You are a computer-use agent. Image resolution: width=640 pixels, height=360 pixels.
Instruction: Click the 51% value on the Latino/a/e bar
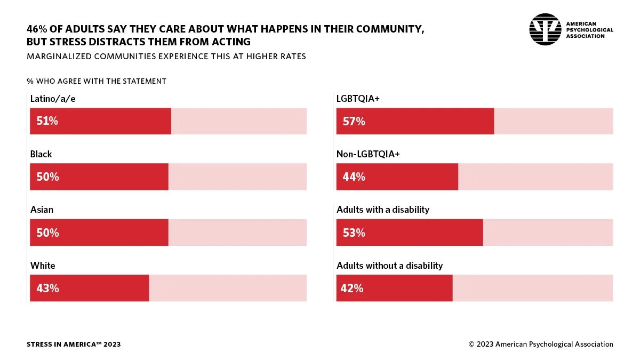tap(47, 121)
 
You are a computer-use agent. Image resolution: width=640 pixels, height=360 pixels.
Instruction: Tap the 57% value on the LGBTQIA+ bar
tap(354, 121)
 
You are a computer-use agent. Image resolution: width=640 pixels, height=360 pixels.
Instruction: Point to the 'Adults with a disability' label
tap(382, 210)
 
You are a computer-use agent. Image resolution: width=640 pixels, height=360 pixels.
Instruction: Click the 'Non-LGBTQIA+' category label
tap(368, 154)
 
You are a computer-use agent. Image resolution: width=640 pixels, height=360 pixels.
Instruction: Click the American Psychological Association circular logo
tap(545, 29)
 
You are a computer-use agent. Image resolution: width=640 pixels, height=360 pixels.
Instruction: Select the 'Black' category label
tap(41, 154)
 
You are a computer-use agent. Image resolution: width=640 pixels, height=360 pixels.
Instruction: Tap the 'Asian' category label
tap(42, 210)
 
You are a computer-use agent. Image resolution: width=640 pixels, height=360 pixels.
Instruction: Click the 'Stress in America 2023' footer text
tap(74, 345)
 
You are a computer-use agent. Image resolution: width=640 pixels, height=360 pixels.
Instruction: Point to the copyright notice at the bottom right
tap(541, 345)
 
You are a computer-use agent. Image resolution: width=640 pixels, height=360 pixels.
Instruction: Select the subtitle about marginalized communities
tap(166, 57)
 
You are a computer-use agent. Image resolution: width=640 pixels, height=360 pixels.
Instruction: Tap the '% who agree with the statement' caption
tap(97, 81)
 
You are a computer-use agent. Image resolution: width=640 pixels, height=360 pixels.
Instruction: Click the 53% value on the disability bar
tap(354, 233)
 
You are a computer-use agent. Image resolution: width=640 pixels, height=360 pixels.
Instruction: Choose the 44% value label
tap(354, 177)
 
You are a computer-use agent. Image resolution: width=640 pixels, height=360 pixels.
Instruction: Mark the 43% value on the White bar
tap(47, 288)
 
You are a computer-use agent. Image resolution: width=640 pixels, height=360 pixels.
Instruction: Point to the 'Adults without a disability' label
tap(389, 266)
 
